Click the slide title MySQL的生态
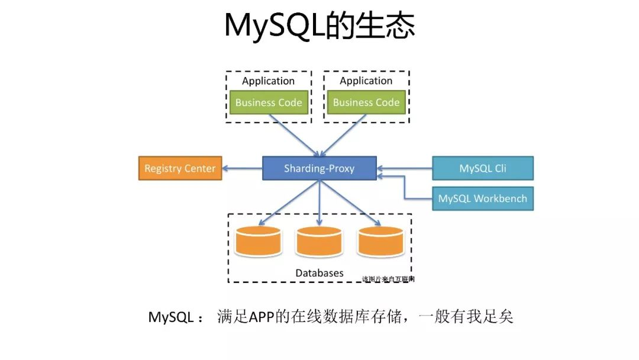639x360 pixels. click(x=319, y=26)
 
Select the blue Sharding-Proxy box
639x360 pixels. click(x=319, y=168)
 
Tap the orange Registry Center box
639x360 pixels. click(x=180, y=168)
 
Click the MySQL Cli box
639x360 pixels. click(x=483, y=168)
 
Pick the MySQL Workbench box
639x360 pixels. click(x=483, y=198)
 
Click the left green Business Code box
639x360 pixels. click(x=269, y=102)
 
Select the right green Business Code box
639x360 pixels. click(x=366, y=102)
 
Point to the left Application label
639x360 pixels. click(x=269, y=81)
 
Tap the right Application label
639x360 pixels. click(x=366, y=81)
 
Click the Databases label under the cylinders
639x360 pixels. click(x=319, y=273)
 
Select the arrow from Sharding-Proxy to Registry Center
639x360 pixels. click(x=243, y=169)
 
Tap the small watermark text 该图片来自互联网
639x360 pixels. click(x=388, y=279)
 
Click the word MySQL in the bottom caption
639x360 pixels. click(x=171, y=317)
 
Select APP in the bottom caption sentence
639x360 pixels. click(x=262, y=317)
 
